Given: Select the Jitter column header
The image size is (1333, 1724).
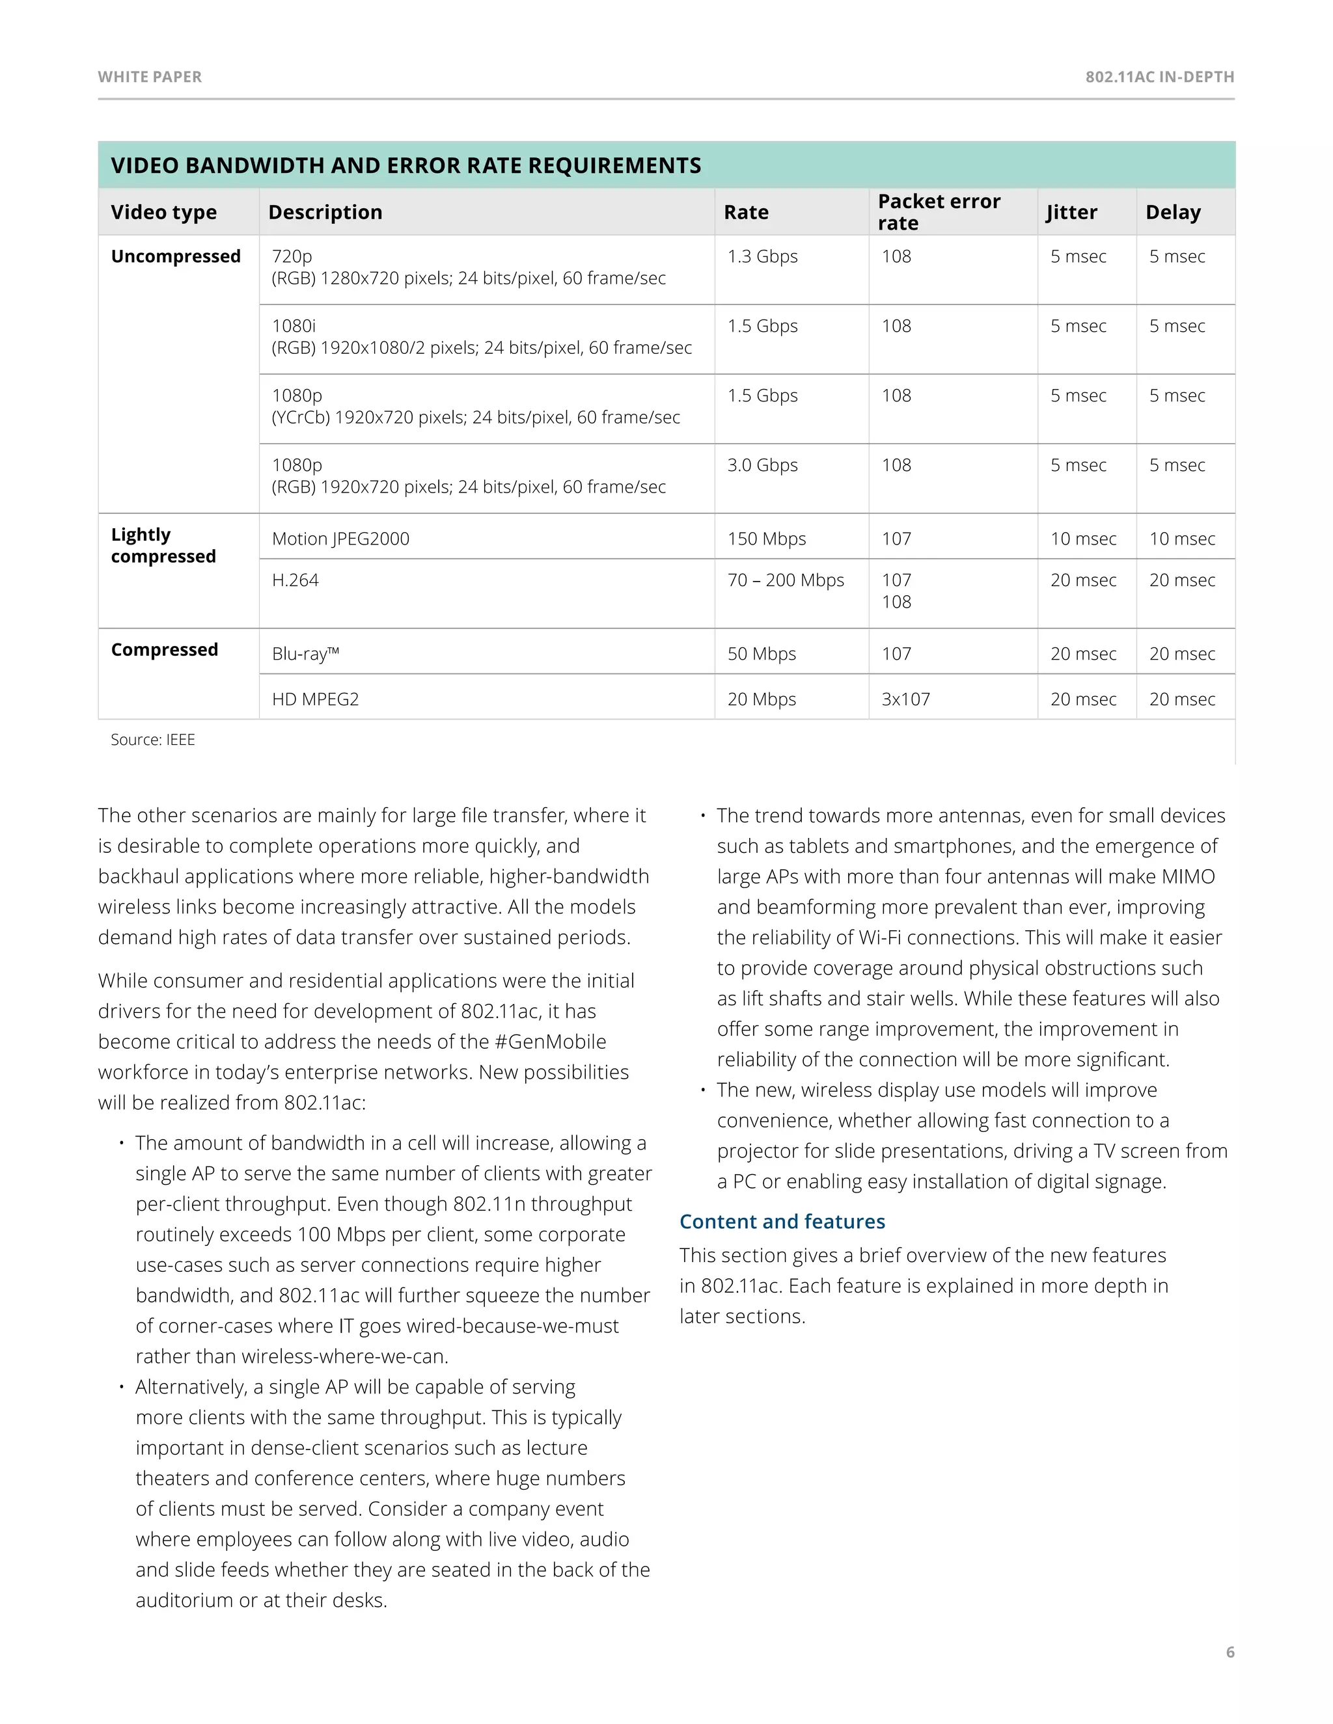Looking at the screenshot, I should [x=1071, y=211].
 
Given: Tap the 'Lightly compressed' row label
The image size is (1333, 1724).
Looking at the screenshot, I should [x=163, y=545].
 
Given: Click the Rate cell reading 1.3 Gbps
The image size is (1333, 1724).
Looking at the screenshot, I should [x=762, y=256].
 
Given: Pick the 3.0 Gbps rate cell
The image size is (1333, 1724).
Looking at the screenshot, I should [x=762, y=465].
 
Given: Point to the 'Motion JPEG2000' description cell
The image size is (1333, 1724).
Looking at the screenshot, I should [x=340, y=539].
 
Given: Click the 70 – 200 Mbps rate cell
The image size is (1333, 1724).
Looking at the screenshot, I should [x=785, y=580].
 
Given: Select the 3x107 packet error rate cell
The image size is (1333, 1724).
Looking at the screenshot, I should [x=906, y=699].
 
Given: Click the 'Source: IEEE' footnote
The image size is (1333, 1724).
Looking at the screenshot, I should [x=152, y=740].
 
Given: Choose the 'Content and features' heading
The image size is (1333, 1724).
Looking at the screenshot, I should [x=782, y=1221].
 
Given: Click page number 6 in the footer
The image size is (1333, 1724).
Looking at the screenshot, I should [x=1230, y=1652].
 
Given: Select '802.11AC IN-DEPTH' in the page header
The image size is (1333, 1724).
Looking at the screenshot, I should [x=1159, y=77].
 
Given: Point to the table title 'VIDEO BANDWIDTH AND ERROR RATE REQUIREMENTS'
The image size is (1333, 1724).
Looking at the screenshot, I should [x=406, y=165].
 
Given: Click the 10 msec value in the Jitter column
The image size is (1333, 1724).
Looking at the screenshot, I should [x=1082, y=539].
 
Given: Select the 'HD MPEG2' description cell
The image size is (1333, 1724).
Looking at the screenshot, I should [x=315, y=699].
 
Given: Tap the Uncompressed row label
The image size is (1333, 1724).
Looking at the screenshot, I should [x=175, y=256].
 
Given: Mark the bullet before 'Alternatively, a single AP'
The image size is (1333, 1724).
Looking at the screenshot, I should [x=122, y=1387].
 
